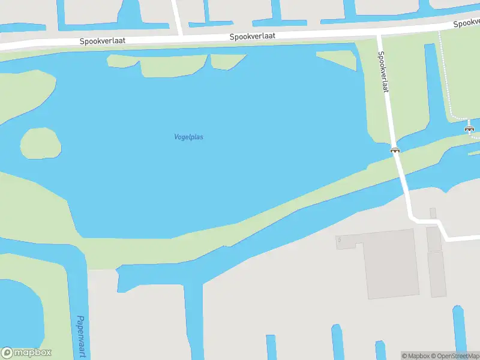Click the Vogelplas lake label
[x=188, y=137]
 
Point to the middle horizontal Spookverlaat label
[x=253, y=37]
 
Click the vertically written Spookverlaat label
[x=383, y=71]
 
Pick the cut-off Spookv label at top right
[x=466, y=23]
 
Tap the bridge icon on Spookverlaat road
[x=395, y=150]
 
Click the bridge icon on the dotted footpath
[x=469, y=128]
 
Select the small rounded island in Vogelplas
[x=41, y=143]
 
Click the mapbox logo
[x=26, y=353]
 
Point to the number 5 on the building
[x=339, y=240]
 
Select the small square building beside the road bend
[x=433, y=213]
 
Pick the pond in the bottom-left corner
[x=18, y=312]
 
